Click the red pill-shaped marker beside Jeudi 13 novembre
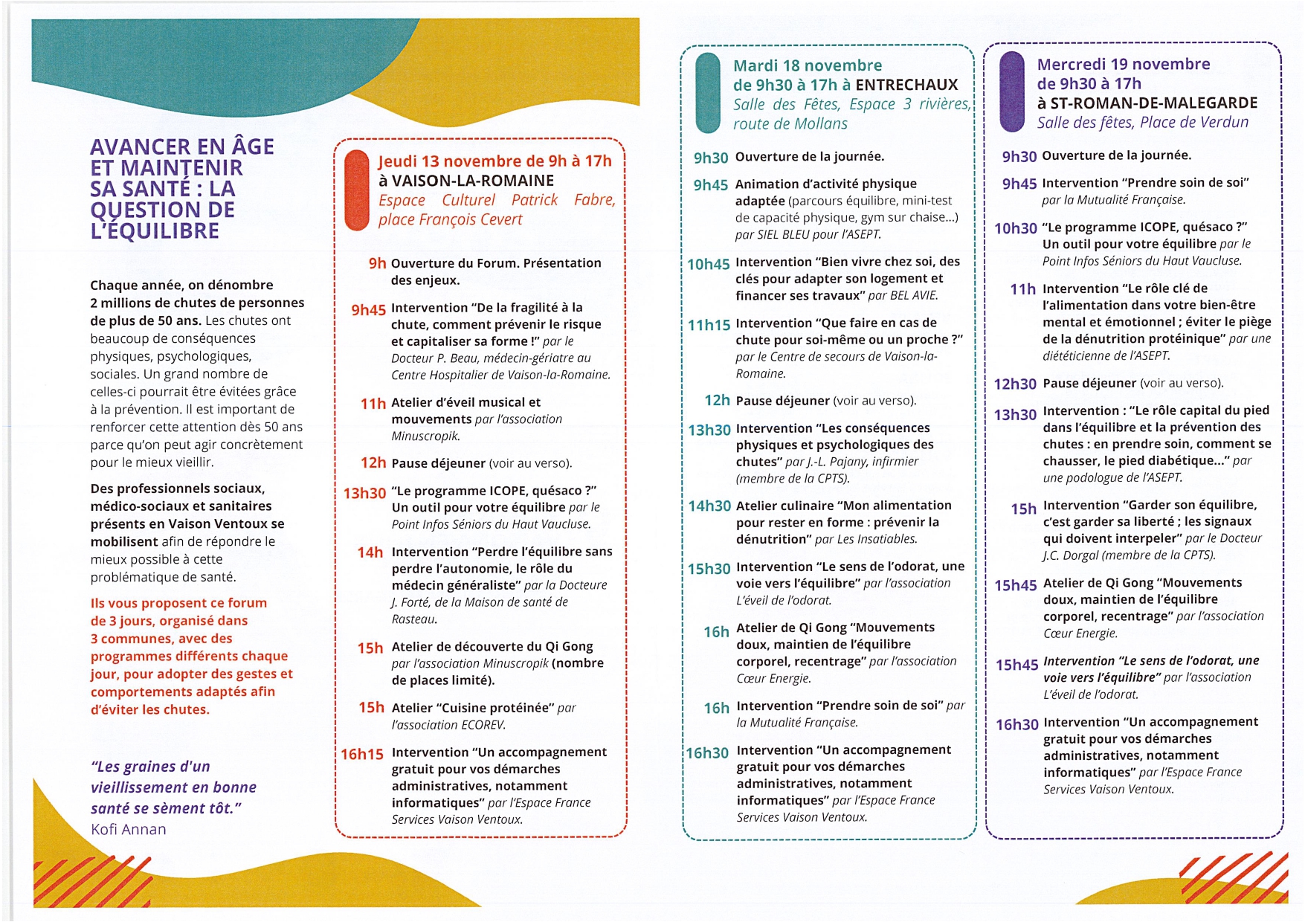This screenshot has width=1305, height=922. [x=357, y=190]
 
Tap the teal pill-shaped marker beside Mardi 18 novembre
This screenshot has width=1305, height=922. [x=707, y=94]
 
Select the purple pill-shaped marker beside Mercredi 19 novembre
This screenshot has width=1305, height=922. [x=1012, y=91]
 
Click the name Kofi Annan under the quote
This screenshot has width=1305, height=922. [x=129, y=830]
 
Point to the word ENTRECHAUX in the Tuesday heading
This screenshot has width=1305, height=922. [x=906, y=85]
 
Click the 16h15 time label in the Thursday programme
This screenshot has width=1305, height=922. [x=362, y=754]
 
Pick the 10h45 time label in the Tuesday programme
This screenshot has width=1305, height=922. [x=708, y=264]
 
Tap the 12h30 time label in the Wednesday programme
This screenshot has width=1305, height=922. [x=1015, y=384]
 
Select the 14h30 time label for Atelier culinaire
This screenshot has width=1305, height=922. [x=709, y=506]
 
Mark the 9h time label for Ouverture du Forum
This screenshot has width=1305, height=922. [x=377, y=263]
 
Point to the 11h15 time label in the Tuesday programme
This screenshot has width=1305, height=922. [x=709, y=325]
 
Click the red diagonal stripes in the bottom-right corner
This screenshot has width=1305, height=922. [x=1234, y=877]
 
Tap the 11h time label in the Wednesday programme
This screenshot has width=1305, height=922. [x=1022, y=289]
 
